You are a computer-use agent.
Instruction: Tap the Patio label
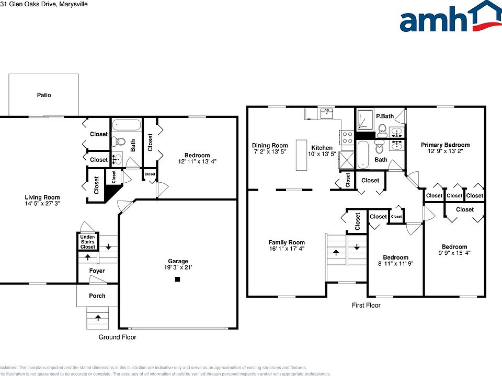click(44, 95)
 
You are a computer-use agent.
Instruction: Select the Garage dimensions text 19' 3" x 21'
click(178, 267)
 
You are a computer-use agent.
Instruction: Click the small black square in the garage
click(177, 280)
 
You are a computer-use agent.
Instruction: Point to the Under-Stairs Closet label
click(87, 242)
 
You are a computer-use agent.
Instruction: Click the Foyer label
click(97, 271)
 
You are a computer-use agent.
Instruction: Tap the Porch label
click(97, 296)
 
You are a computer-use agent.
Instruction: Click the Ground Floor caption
click(118, 337)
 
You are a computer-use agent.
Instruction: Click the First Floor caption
click(366, 305)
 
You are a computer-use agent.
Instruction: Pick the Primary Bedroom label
click(446, 145)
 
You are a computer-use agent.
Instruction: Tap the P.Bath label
click(384, 116)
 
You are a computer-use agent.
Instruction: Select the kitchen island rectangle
click(301, 155)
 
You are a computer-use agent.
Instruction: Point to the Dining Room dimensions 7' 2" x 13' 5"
click(270, 152)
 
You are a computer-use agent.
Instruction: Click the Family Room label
click(287, 242)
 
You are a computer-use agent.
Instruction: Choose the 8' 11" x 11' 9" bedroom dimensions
click(395, 264)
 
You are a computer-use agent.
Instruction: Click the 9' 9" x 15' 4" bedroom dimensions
click(454, 253)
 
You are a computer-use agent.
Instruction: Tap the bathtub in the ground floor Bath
click(127, 125)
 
